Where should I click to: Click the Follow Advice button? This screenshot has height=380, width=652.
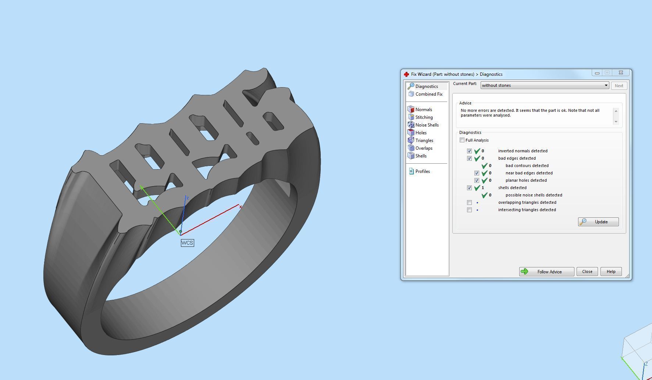546,271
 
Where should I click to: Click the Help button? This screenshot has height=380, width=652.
611,271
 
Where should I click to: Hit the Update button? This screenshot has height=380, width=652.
598,222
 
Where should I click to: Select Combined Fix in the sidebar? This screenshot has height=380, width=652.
428,94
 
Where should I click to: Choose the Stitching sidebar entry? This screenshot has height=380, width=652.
424,117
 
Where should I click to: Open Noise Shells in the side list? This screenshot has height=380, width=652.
427,125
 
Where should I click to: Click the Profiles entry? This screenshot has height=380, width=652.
422,171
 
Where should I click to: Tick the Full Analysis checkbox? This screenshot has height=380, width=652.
462,140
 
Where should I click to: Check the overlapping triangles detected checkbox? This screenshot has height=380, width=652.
469,202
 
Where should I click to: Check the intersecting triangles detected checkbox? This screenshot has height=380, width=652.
469,210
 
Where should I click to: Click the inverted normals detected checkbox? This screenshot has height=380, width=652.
469,151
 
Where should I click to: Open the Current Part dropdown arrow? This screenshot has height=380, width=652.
606,85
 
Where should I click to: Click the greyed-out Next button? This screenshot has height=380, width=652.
619,86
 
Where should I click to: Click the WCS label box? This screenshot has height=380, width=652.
187,243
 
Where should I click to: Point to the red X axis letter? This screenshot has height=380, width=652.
241,207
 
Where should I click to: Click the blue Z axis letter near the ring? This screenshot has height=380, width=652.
188,198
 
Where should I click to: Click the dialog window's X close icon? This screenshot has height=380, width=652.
621,73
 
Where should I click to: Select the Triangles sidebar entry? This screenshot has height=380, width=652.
424,141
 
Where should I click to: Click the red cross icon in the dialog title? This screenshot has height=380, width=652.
406,74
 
